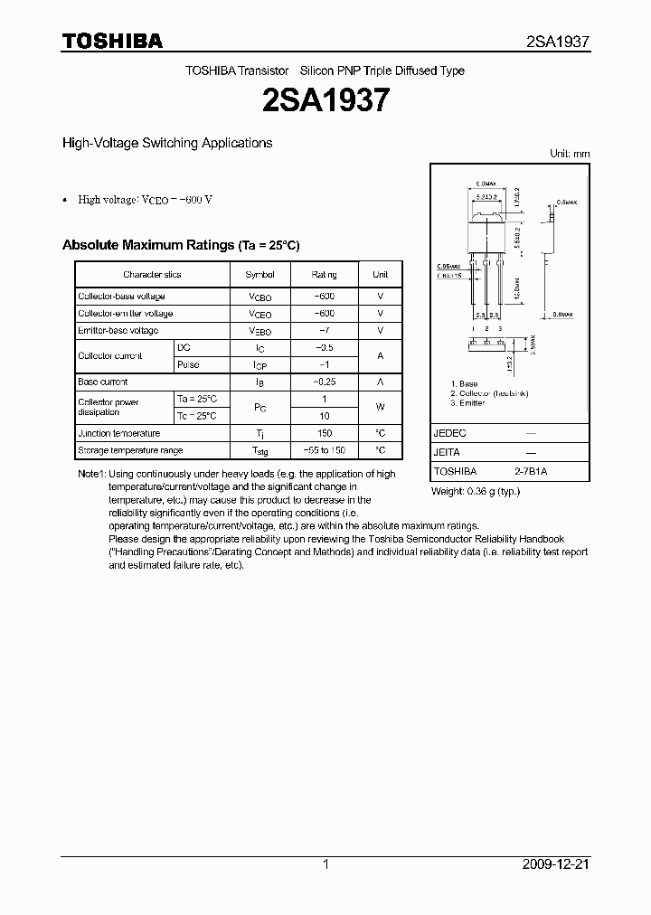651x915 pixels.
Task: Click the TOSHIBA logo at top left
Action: click(x=112, y=41)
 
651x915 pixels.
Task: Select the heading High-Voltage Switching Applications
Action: click(x=166, y=143)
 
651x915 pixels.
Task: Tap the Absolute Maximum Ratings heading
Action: click(x=180, y=245)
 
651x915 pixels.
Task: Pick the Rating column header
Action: click(x=324, y=274)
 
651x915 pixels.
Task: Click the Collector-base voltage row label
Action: click(x=121, y=297)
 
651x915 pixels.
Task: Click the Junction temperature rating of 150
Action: click(x=324, y=433)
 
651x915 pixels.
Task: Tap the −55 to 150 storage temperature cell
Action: click(x=324, y=450)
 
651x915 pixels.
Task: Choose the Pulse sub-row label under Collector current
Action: click(x=188, y=364)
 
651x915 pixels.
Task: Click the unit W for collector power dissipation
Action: click(x=380, y=407)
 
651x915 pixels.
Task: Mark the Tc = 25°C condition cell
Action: click(x=196, y=416)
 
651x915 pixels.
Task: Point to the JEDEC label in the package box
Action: click(x=449, y=433)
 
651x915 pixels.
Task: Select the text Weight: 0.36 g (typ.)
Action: click(x=476, y=491)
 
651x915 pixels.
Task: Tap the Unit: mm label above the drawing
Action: click(x=570, y=154)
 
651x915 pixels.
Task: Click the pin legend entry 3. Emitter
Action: click(x=468, y=403)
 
